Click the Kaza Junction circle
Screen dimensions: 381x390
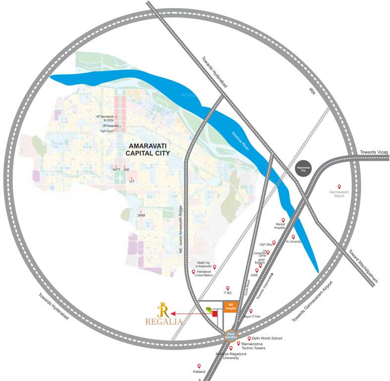pos(230,336)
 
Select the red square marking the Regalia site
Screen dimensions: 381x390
pos(215,314)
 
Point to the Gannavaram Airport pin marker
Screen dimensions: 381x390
pos(339,187)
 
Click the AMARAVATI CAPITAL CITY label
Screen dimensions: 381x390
pos(148,150)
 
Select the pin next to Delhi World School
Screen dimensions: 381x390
pos(249,338)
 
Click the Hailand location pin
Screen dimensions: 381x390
pos(199,366)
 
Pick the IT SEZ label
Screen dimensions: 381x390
pos(228,293)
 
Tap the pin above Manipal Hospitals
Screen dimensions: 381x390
pos(283,220)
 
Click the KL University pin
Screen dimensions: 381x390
pos(293,237)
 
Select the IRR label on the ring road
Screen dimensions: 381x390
pos(312,92)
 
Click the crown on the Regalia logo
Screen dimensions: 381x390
pos(162,304)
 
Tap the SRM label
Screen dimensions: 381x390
pos(141,216)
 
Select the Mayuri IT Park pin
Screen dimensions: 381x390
pos(251,311)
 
